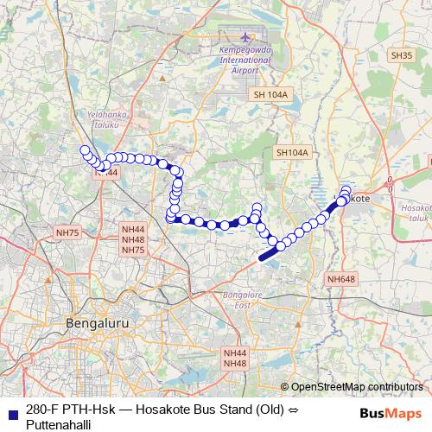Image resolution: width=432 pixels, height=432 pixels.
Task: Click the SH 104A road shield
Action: pyautogui.click(x=270, y=93)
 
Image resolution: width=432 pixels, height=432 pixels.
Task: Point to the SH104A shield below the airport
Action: pyautogui.click(x=292, y=152)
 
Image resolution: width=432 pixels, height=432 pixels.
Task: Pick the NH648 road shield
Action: pyautogui.click(x=341, y=278)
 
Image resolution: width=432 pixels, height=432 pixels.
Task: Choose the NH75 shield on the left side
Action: pyautogui.click(x=67, y=232)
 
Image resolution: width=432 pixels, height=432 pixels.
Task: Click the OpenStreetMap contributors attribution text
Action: pyautogui.click(x=357, y=386)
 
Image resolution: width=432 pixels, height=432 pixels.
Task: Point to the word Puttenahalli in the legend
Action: pyautogui.click(x=58, y=423)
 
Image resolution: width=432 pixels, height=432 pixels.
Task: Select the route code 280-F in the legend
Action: pyautogui.click(x=44, y=410)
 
